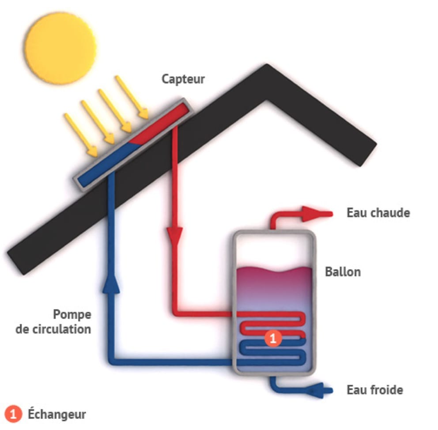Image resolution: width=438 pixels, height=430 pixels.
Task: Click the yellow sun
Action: coord(60,47)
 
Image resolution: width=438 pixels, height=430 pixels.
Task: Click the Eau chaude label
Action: coord(378,213)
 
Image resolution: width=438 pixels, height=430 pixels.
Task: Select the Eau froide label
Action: coord(375,390)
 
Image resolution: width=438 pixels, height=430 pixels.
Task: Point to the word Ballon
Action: coord(343,272)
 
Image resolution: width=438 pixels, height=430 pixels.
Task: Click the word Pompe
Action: coord(72,315)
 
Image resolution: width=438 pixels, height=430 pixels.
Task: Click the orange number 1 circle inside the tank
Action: coord(272,339)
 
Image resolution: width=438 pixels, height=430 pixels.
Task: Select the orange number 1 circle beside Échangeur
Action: coord(15,414)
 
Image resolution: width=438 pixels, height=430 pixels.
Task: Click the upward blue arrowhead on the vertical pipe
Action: coord(111,285)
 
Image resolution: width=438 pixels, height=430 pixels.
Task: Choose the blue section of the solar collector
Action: coord(104,163)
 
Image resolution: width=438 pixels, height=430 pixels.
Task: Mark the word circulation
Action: coord(53,329)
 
